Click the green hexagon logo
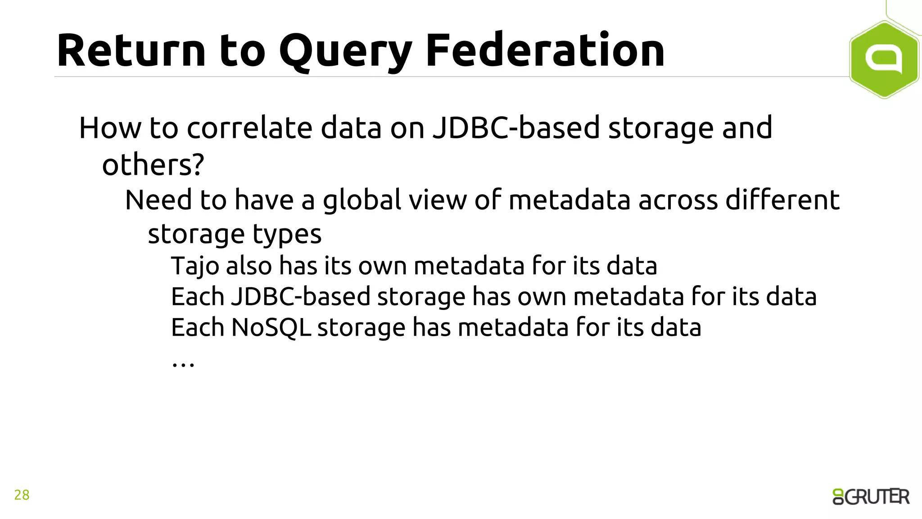click(884, 59)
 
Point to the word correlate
click(249, 128)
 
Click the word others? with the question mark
click(153, 165)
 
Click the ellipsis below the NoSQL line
click(183, 363)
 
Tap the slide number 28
click(22, 495)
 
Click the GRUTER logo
click(871, 497)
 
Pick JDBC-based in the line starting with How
click(516, 128)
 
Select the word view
click(438, 200)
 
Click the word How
click(110, 128)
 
